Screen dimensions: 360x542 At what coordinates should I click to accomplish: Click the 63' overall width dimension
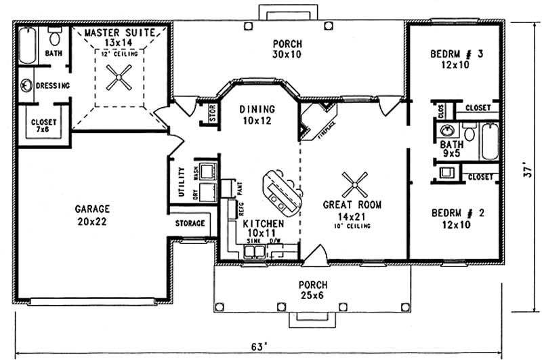point(256,346)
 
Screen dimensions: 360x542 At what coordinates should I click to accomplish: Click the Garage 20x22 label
point(93,214)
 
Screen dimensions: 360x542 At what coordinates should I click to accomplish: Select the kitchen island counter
point(279,191)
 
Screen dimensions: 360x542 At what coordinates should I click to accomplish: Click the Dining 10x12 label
point(257,114)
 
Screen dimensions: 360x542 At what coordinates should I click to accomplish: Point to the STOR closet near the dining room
point(211,115)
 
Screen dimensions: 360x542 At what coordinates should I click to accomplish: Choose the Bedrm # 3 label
point(455,59)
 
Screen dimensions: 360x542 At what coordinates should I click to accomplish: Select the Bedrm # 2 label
point(455,218)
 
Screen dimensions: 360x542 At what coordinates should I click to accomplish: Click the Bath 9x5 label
point(451,149)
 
